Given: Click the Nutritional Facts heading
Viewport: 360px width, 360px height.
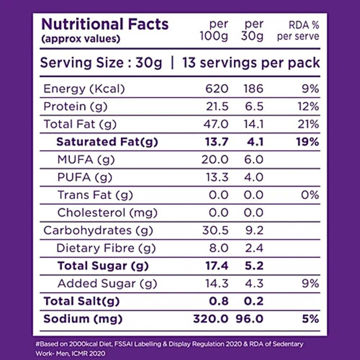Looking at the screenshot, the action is point(105,24).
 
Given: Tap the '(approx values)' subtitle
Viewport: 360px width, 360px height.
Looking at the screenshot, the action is point(81,39).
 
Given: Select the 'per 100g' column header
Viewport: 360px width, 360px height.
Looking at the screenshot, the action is point(214,30).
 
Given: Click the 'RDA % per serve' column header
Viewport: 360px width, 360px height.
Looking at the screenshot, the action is point(298,31).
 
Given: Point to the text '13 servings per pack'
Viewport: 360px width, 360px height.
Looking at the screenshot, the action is point(251,63).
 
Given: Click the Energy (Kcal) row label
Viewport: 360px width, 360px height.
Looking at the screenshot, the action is point(84,89).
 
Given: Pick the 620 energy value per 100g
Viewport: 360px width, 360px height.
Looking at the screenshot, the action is point(217,89).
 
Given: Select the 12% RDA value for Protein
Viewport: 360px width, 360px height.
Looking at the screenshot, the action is point(309,107).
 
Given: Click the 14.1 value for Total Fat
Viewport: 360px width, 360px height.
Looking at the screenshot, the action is point(253,124).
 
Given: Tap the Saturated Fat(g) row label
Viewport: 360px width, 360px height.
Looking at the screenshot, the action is point(107,142).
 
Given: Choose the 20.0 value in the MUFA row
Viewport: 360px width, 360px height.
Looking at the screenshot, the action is point(215,159).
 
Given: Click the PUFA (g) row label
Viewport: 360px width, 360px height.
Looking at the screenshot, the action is point(85,177).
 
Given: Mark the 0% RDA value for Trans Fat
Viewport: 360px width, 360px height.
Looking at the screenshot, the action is point(310,195).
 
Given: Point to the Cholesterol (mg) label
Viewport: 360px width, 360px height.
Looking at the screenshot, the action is point(107,213).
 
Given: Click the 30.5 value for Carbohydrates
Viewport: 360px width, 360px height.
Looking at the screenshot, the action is point(215,230).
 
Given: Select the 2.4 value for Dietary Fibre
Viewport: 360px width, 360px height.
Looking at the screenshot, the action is point(254,248).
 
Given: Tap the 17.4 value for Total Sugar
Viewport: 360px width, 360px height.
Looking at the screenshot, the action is point(217,266).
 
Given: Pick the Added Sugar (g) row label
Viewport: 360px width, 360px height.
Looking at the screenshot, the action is point(107,284).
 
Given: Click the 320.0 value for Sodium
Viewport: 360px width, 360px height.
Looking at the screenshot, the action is point(211,319).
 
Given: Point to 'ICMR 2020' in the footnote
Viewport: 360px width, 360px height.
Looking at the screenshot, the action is point(89,354).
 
